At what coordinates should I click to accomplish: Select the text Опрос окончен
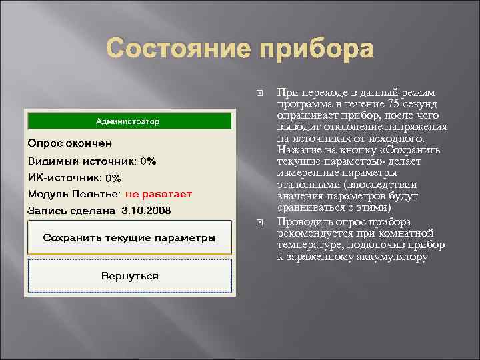tap(69, 143)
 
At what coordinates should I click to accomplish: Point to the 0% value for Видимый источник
tap(147, 161)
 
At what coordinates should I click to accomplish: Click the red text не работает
tap(158, 194)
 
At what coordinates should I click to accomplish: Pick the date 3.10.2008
tap(146, 211)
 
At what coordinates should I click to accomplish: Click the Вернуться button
tap(129, 275)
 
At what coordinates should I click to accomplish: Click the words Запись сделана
tap(72, 211)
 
